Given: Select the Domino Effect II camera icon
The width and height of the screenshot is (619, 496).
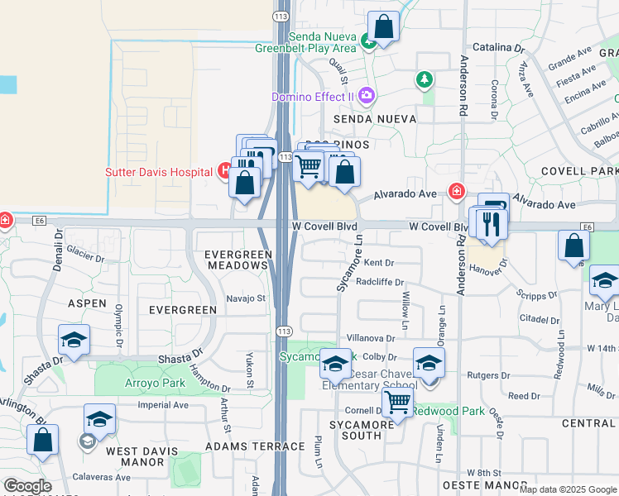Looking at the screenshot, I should pos(367,97).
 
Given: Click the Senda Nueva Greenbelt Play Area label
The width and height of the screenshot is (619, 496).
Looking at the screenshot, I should pos(322,42).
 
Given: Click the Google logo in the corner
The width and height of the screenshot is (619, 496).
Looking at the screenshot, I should pos(27,486).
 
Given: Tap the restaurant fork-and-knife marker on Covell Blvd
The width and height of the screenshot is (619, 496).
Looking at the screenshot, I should pos(491,224).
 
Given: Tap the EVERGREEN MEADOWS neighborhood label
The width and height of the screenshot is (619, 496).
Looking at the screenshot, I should pos(238,260).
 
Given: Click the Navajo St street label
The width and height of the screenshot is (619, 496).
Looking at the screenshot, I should pos(245,298).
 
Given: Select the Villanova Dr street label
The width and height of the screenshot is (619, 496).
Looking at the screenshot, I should pos(371,338).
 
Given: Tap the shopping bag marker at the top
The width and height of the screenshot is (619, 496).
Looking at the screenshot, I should pos(383,26).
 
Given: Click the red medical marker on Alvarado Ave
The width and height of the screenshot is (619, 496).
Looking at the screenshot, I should pos(456,192).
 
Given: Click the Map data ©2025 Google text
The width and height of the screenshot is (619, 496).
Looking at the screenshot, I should pos(567,489).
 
